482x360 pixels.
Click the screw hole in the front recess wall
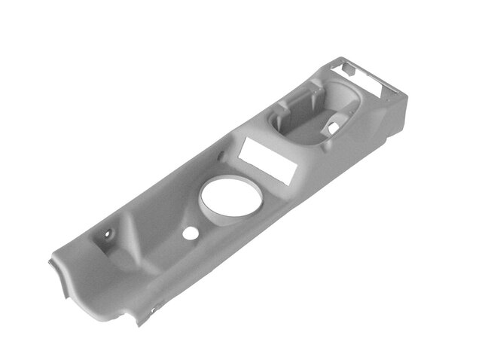(107, 233)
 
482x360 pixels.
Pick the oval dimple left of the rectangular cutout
(221, 157)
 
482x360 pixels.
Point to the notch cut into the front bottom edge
(139, 320)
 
